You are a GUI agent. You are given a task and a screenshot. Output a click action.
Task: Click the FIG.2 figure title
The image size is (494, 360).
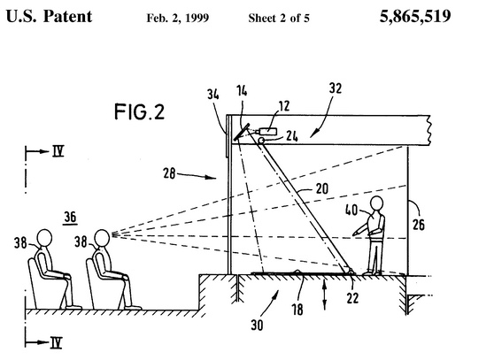(139, 111)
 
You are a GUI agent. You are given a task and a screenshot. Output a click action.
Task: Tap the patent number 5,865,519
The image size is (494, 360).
(415, 16)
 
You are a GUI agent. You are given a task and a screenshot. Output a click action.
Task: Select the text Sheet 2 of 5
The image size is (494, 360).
(279, 18)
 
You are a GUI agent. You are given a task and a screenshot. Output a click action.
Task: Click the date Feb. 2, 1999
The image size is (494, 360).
(178, 18)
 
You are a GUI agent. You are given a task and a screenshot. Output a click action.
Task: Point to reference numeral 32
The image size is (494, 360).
(336, 88)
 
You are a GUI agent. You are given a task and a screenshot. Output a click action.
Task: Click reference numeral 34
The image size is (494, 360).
(213, 94)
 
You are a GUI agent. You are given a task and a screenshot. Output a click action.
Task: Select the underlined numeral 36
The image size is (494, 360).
(70, 217)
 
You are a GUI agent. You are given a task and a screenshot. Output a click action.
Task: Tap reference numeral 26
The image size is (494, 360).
(419, 225)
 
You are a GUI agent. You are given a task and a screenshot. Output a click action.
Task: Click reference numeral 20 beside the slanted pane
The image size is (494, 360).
(321, 188)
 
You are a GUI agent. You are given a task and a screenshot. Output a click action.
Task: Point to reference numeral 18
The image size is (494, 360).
(297, 310)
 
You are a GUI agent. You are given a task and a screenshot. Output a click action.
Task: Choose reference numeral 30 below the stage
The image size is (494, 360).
(257, 325)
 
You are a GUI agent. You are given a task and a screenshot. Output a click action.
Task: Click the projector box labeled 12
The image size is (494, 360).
(267, 131)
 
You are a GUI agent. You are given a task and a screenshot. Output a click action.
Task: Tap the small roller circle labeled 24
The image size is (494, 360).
(261, 141)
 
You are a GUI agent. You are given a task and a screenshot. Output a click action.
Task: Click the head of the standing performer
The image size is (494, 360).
(376, 203)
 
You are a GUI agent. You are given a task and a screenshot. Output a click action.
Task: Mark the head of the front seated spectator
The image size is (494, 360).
(103, 237)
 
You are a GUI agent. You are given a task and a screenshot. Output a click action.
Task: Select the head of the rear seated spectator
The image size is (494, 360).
(44, 237)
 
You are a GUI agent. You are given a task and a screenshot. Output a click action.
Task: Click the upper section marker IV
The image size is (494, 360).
(58, 151)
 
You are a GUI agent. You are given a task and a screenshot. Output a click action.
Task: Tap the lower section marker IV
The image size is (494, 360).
(56, 342)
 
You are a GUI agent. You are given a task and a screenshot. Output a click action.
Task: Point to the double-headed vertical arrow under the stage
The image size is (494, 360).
(325, 295)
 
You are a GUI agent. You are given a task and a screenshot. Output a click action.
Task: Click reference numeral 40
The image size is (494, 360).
(351, 210)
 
